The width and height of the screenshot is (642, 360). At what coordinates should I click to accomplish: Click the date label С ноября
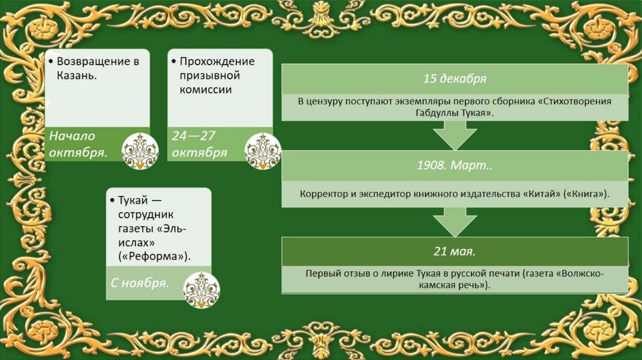tap(140, 283)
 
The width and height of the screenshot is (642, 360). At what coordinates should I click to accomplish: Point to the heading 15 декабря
tap(455, 79)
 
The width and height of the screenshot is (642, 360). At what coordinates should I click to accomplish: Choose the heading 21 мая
tap(455, 252)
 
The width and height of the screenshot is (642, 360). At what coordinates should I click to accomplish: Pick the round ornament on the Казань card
tap(139, 151)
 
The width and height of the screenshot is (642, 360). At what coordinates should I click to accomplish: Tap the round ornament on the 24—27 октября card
tap(263, 151)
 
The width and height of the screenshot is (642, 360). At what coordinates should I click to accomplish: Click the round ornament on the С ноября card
tap(201, 290)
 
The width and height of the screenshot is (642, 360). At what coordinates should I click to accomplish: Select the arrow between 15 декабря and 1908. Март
tap(455, 134)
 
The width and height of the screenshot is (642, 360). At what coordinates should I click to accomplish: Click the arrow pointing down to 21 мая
tap(455, 221)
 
